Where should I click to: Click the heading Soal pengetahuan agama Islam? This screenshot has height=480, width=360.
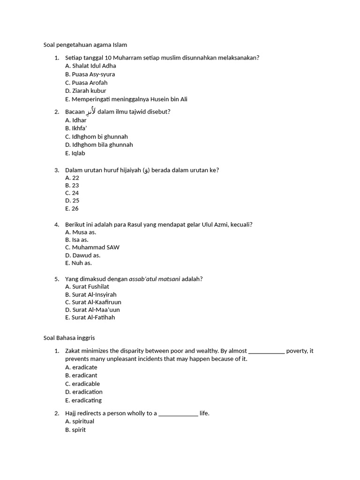(85, 45)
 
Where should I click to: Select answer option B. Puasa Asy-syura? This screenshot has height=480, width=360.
(90, 74)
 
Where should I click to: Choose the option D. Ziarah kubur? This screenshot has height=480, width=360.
(86, 90)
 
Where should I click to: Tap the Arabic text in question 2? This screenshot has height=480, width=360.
(91, 111)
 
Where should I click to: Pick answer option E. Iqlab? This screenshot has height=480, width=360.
(75, 153)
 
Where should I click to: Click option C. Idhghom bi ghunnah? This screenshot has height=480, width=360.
(97, 136)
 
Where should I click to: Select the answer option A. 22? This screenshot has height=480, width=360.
(72, 178)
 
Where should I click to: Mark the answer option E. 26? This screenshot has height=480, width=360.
(72, 208)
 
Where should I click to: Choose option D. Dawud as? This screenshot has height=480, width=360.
(83, 255)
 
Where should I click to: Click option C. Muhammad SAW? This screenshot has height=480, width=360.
(92, 247)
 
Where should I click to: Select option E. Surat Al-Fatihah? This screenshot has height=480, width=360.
(90, 317)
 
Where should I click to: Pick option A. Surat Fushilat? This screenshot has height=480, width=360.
(87, 286)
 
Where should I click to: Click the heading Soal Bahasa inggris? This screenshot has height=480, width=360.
(69, 337)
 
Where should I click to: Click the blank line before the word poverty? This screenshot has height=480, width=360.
(266, 351)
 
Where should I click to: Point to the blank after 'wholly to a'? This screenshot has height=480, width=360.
(178, 413)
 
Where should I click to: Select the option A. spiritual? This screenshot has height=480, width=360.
(80, 421)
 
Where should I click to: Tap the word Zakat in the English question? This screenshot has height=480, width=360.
(73, 351)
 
